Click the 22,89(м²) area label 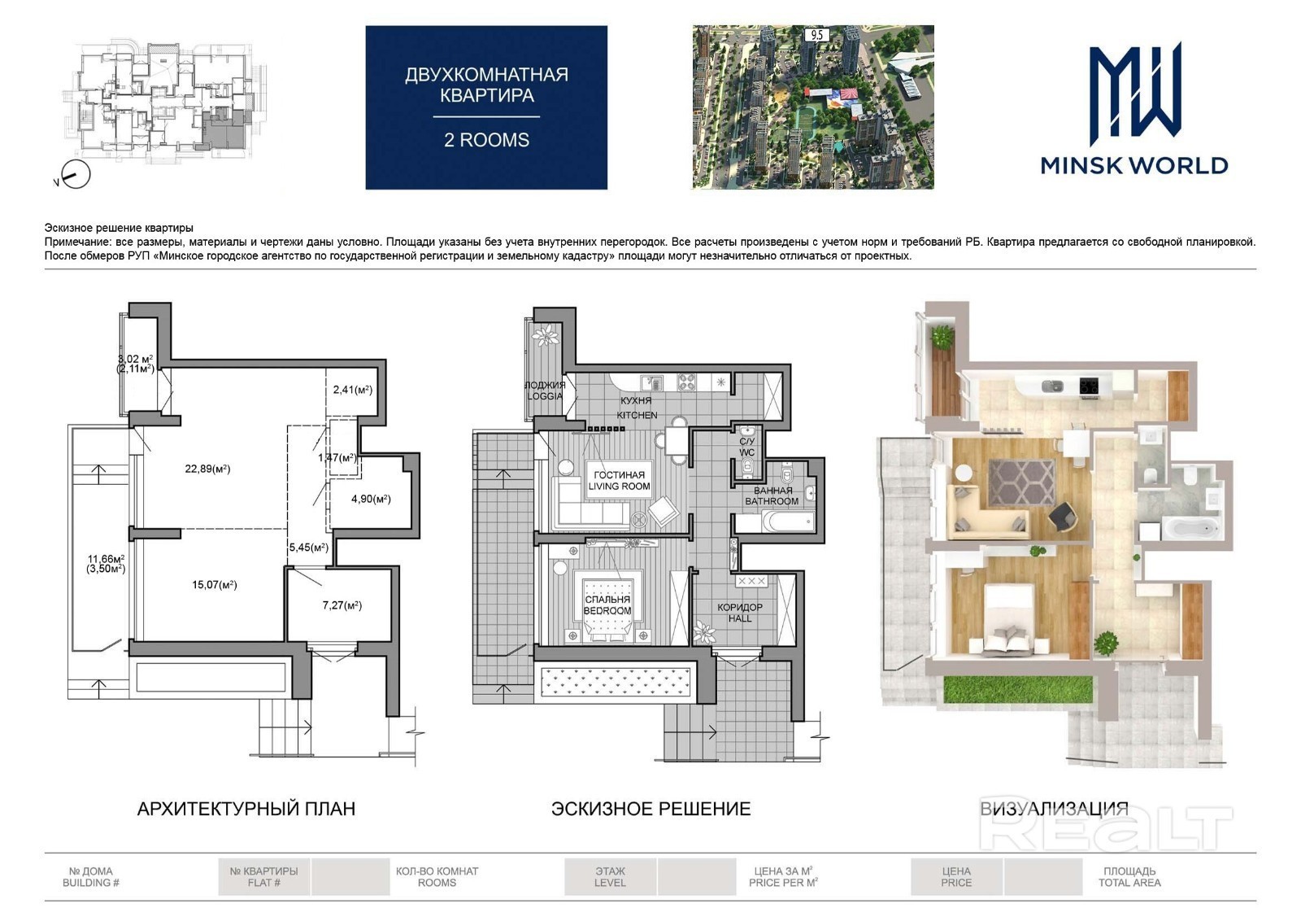coord(207,469)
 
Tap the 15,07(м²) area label coord(215,584)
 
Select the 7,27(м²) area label coord(342,605)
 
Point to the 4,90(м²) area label coord(371,499)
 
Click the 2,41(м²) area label coord(353,390)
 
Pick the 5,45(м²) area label coord(308,548)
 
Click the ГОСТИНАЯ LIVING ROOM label coord(619,481)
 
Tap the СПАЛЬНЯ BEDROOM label coord(607,605)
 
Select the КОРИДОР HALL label coord(739,613)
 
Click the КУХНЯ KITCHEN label coord(637,408)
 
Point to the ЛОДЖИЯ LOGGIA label coord(545,391)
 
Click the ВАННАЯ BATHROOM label coord(772,495)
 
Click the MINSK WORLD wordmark coord(1134,166)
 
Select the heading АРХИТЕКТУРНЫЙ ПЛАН coord(246,808)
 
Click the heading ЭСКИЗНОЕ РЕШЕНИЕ coord(651,808)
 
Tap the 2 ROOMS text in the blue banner coord(487,140)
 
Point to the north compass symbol coord(76,174)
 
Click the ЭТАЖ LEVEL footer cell coord(610,877)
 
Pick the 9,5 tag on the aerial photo coord(816,35)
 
